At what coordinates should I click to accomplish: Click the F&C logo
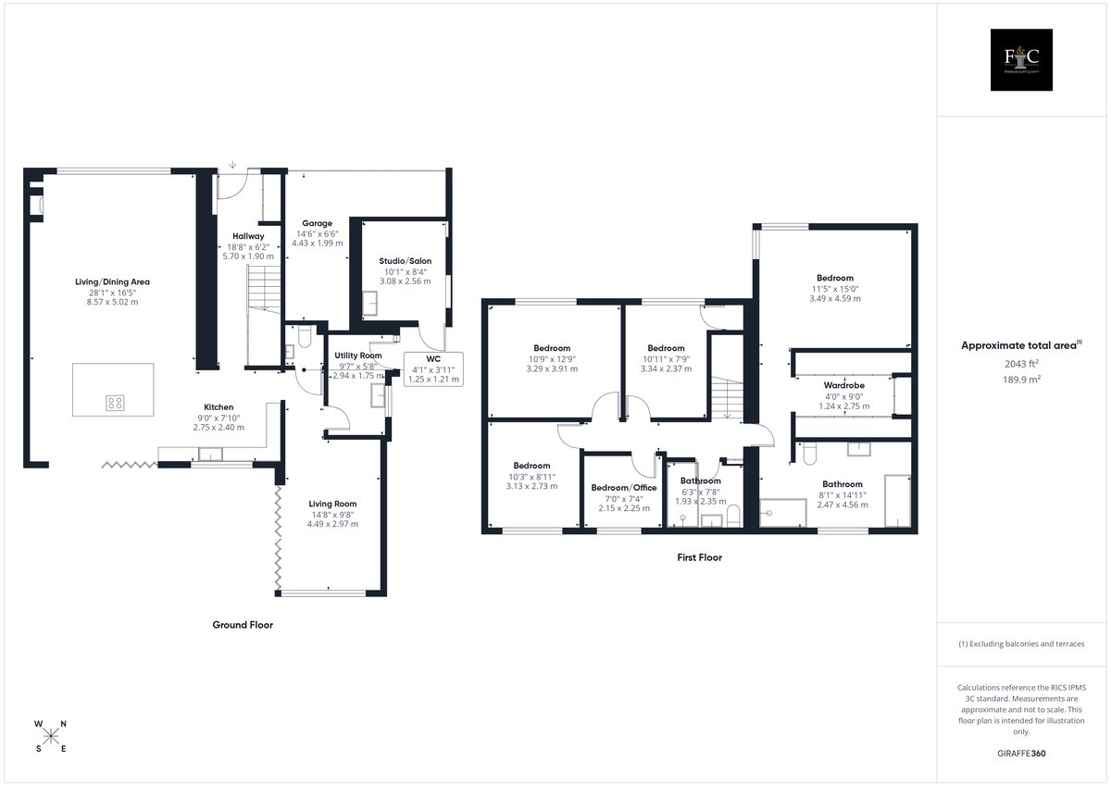1021,59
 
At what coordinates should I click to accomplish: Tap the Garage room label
317,223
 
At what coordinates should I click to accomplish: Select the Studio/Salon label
406,261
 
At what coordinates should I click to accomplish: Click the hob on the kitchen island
115,403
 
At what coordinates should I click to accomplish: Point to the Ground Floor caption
243,625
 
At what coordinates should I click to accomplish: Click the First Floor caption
699,557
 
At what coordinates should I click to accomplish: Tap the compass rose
51,736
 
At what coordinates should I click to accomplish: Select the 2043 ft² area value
1021,364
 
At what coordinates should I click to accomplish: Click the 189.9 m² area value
1021,380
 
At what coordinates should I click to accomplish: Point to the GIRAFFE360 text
1021,754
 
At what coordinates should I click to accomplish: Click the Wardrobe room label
843,385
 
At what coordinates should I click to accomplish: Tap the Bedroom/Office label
624,488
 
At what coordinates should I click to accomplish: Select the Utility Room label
358,356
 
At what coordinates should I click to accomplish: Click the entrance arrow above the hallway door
232,165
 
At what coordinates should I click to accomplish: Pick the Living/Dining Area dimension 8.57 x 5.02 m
113,302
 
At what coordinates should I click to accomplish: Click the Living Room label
332,504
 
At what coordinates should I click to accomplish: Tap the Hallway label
248,236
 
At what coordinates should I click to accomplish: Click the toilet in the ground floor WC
304,337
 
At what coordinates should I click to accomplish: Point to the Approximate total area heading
1018,345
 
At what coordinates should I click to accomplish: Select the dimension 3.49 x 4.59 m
835,298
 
